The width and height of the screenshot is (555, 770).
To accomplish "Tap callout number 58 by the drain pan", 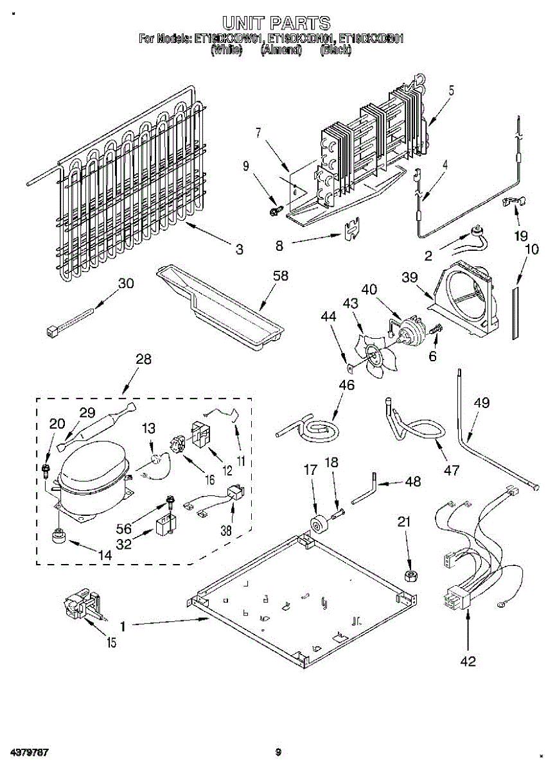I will point(280,277).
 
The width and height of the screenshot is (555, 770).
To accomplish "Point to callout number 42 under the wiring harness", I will point(468,661).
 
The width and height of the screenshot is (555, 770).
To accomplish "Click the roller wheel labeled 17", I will point(317,525).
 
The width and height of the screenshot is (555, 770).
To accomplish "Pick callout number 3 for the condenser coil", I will point(239,250).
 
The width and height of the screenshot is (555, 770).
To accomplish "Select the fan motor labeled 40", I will point(407,327).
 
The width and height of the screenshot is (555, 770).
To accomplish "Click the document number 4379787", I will point(26,751).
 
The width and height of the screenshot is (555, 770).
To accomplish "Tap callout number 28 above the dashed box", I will point(143,359).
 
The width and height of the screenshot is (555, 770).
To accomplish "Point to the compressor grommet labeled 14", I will point(60,535).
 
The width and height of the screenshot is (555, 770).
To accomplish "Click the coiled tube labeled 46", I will point(310,429).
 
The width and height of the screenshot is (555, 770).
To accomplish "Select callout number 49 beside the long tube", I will point(481,403).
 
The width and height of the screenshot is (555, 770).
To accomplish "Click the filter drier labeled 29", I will point(97,426).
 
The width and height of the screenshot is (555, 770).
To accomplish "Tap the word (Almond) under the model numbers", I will point(281,51).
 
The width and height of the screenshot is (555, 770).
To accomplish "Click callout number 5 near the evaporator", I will point(451,90).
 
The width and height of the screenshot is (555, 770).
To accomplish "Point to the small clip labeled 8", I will point(351,228).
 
